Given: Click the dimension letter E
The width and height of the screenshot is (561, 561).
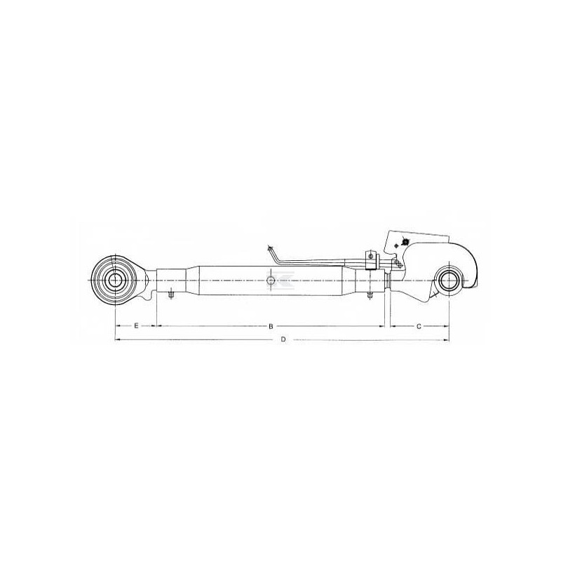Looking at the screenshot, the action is (136, 325).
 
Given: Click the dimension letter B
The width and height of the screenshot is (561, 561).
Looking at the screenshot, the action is (271, 326).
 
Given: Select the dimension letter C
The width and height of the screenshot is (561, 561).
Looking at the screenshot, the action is (419, 326).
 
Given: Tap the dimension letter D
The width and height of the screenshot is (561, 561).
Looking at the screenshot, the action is (283, 339).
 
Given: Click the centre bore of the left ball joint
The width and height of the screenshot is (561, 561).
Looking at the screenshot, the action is (114, 280).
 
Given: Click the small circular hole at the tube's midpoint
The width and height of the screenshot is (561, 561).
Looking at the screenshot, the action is (271, 280).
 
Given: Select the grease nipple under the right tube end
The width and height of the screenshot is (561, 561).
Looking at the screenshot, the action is (370, 295).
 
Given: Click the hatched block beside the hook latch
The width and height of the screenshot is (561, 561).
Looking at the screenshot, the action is (397, 264).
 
